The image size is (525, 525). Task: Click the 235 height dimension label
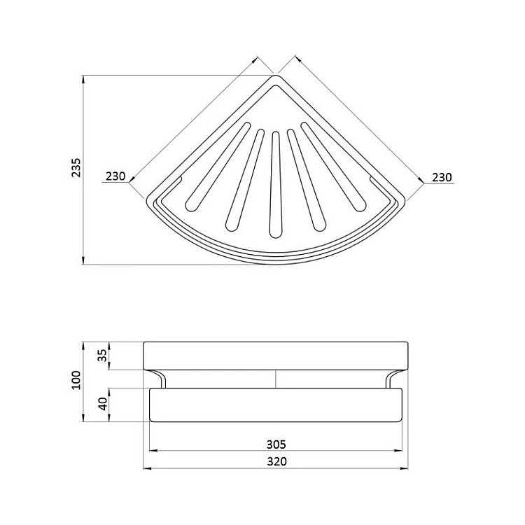click(x=77, y=167)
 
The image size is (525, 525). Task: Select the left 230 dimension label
click(x=115, y=176)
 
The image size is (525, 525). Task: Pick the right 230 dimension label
click(x=442, y=177)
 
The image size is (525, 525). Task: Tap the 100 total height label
click(x=77, y=379)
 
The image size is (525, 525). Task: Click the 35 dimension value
click(x=103, y=355)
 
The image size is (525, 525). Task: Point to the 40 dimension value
click(x=103, y=403)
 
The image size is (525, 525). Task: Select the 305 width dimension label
click(x=276, y=444)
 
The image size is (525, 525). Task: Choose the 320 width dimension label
click(x=277, y=461)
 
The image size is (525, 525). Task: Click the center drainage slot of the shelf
click(x=276, y=185)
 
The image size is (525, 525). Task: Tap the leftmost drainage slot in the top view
click(x=218, y=167)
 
